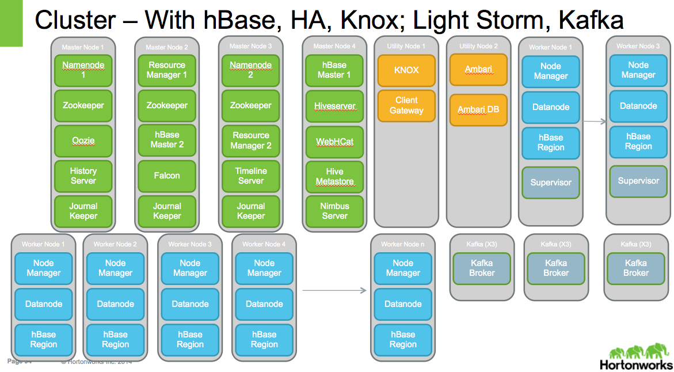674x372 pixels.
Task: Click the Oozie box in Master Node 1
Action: [83, 141]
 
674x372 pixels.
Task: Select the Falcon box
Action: [167, 176]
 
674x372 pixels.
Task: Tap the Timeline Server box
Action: [251, 176]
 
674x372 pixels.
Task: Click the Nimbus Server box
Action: [334, 211]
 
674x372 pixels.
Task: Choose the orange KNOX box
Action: [406, 70]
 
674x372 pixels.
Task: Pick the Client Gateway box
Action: [406, 105]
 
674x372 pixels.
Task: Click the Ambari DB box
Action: [478, 109]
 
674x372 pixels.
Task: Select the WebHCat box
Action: [334, 141]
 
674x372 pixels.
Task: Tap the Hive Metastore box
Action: [334, 176]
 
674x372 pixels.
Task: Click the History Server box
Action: [83, 176]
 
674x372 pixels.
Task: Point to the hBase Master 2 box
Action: [167, 140]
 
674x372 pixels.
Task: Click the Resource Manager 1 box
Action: [167, 70]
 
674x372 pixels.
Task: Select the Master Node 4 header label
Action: [334, 46]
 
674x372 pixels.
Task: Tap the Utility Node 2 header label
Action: [478, 46]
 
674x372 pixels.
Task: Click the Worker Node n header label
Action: [403, 244]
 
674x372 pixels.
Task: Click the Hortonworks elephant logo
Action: [635, 351]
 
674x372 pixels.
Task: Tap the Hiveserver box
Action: [334, 106]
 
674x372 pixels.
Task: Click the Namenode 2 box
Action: [251, 70]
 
